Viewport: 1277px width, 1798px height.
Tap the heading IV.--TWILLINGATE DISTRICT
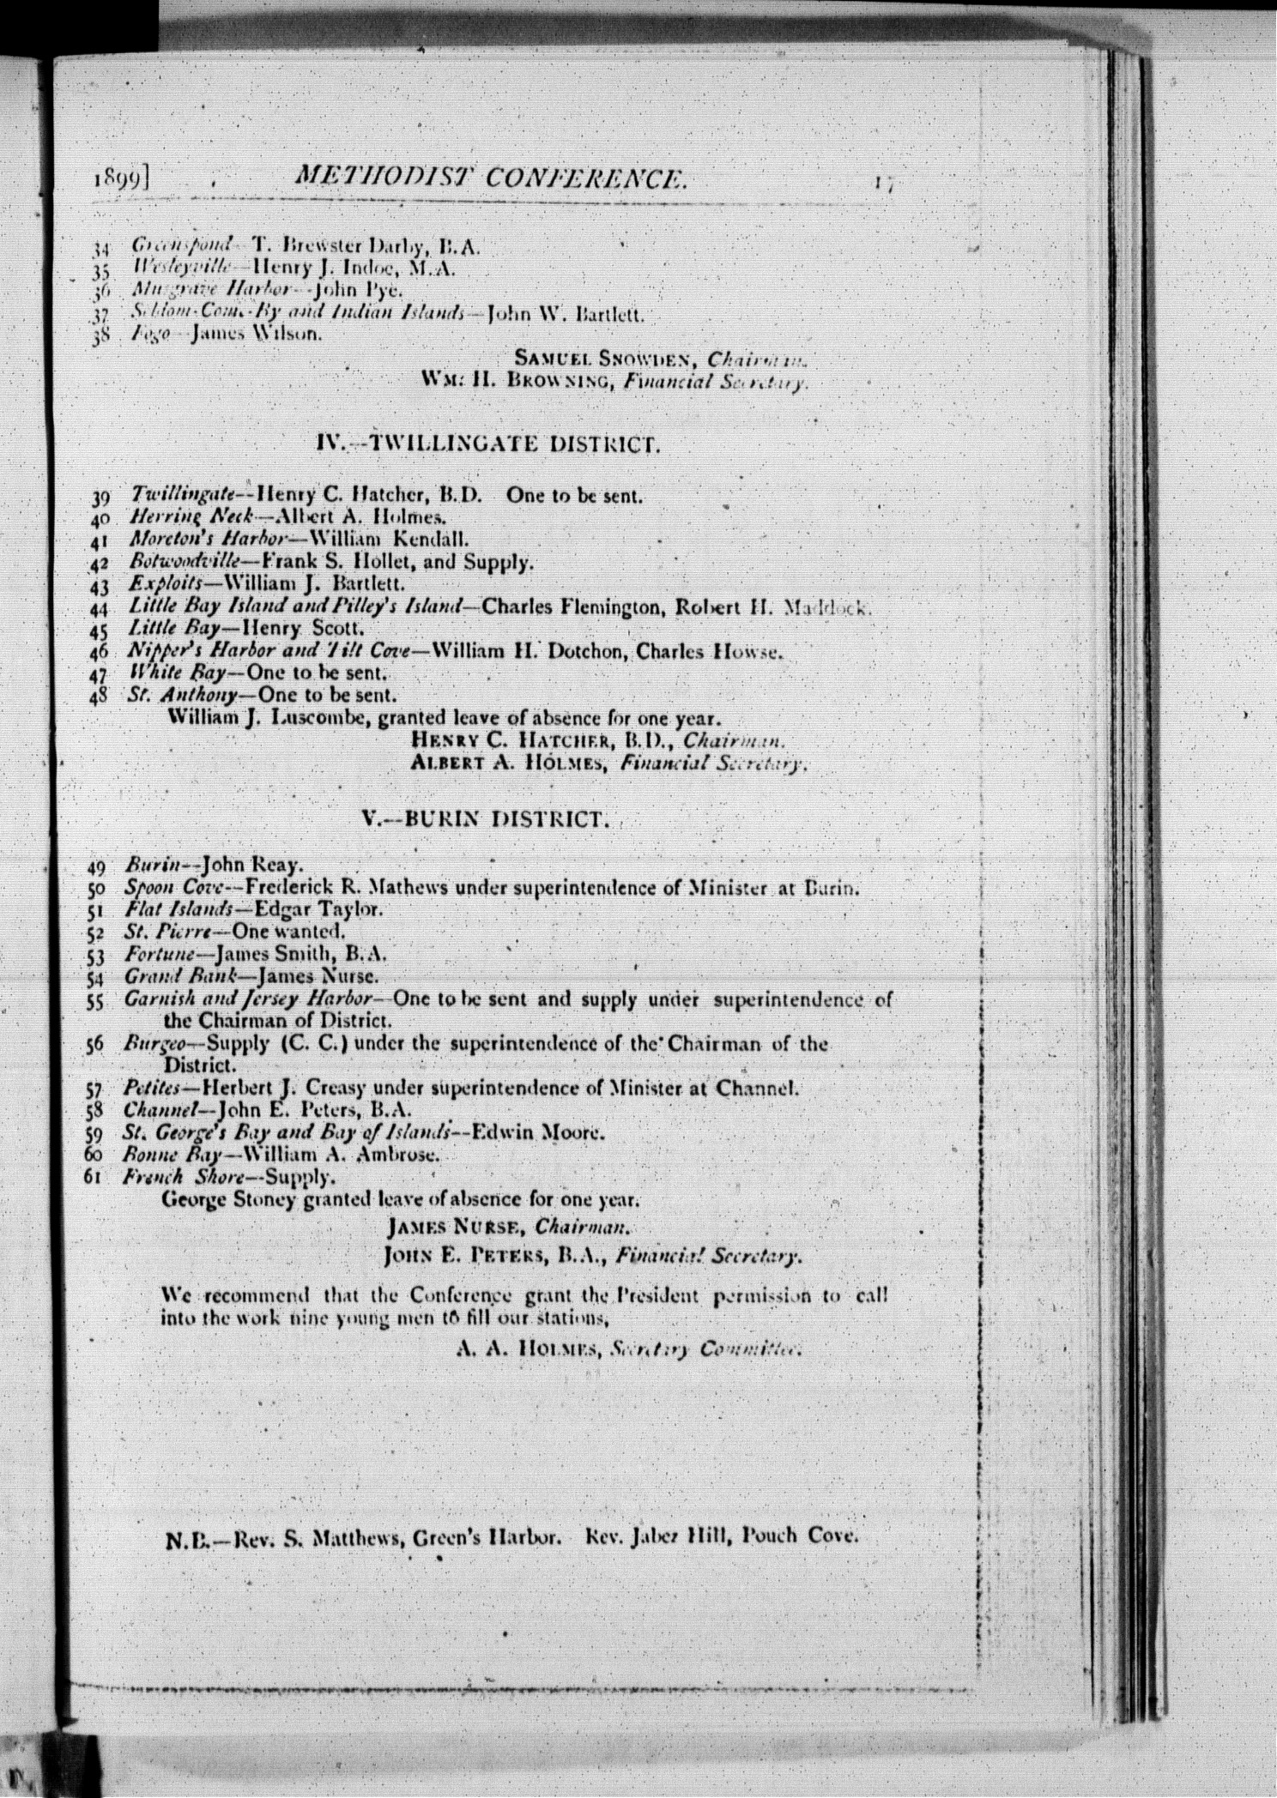pos(487,443)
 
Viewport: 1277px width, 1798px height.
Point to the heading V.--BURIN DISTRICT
pos(486,818)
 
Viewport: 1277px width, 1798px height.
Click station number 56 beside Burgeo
pos(95,1046)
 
